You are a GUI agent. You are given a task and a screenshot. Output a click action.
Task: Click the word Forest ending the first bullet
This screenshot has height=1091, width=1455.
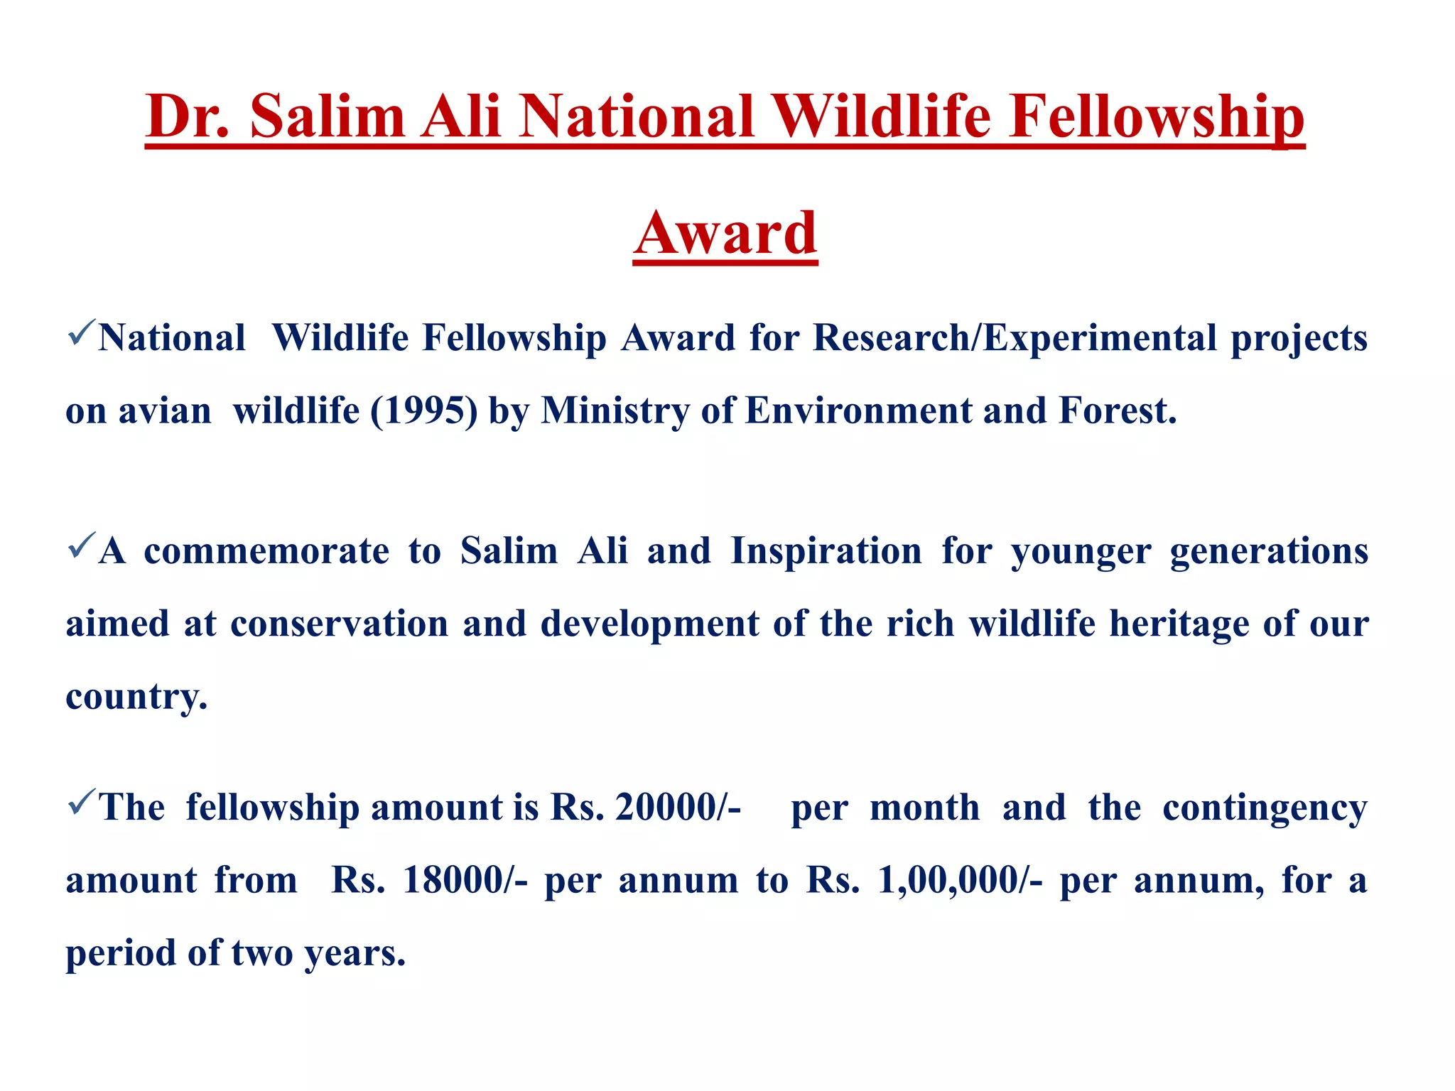pos(1117,411)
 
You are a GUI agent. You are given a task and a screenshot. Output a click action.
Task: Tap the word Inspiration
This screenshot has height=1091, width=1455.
pos(826,551)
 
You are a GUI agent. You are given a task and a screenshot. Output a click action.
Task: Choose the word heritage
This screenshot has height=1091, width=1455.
pos(1179,624)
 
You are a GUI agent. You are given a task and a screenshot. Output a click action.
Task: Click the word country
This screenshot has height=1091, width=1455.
pos(136,697)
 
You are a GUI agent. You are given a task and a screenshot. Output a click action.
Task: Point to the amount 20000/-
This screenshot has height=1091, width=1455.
pos(678,808)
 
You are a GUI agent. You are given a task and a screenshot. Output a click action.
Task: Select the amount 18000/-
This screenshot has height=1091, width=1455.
pos(465,881)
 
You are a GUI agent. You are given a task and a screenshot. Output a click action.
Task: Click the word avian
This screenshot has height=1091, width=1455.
pos(165,411)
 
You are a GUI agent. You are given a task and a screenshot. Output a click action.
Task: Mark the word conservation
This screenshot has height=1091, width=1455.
pos(340,624)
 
